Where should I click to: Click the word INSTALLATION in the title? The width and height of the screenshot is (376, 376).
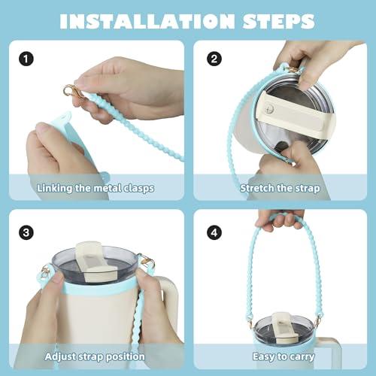[x=147, y=21]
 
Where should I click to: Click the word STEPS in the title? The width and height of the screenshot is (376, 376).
[x=279, y=21]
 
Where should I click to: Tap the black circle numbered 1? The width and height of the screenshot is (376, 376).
[x=26, y=59]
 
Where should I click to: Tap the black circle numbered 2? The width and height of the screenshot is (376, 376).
[x=214, y=59]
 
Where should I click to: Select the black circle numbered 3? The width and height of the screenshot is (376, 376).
[x=26, y=232]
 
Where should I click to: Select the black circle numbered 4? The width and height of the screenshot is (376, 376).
[x=214, y=232]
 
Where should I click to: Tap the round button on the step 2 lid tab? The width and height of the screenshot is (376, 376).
[x=270, y=109]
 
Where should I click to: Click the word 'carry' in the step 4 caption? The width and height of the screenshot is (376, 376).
[x=302, y=357]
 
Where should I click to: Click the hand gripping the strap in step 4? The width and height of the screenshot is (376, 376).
[x=280, y=220]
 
